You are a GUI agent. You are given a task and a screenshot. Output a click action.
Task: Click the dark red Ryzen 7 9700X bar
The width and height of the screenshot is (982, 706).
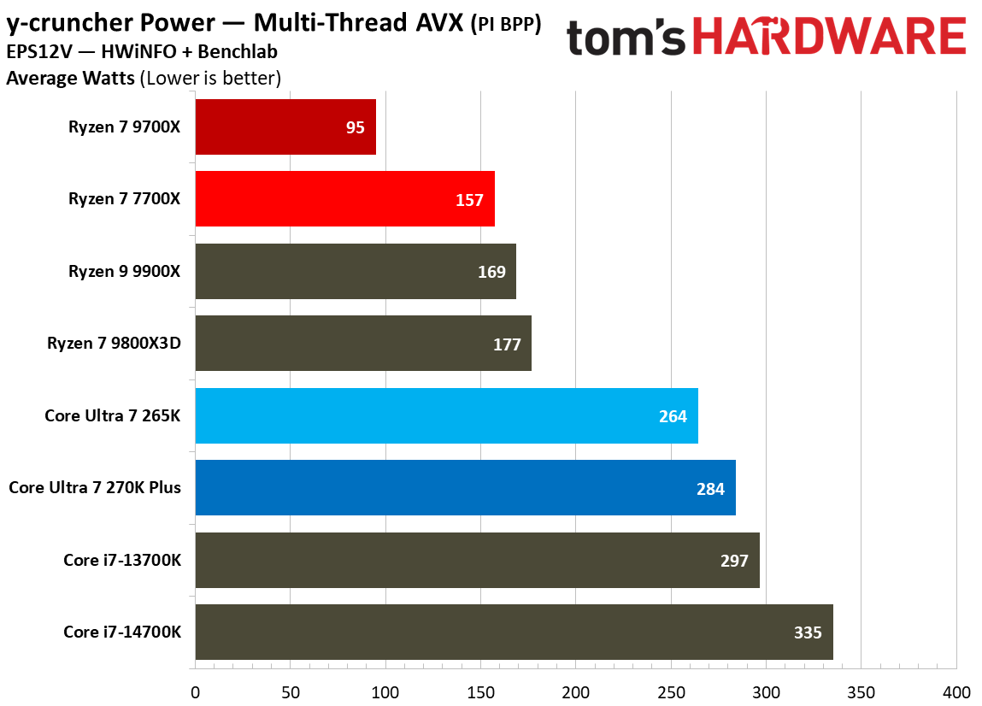pos(285,126)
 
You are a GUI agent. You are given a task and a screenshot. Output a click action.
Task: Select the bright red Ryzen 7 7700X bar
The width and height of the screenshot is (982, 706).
pos(344,199)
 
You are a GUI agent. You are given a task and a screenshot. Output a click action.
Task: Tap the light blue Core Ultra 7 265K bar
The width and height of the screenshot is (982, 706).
pos(446,416)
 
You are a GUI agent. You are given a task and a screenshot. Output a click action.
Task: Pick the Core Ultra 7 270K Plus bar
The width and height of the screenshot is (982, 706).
pos(465,488)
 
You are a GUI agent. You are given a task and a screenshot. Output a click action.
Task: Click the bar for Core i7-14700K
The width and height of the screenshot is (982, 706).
pos(514,632)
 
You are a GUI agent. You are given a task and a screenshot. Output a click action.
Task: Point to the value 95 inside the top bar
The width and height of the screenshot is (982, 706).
pos(356,127)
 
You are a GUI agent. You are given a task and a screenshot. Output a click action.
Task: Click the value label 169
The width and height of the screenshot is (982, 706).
pos(491,272)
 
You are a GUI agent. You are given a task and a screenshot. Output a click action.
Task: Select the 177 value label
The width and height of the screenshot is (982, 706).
pos(507,344)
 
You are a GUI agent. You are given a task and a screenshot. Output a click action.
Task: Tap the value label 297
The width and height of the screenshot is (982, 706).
pos(734,561)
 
